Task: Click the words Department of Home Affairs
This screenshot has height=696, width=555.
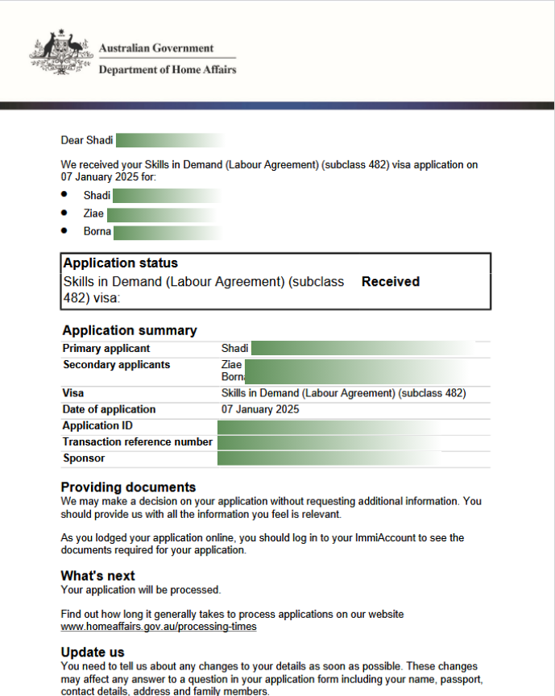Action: point(168,70)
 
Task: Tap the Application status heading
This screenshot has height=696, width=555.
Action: point(121,263)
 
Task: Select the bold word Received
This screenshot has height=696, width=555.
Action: point(391,282)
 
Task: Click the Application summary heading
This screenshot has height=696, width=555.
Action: point(130,330)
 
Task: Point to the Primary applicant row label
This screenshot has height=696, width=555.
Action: point(106,349)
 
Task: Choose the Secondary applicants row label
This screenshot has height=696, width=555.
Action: point(117,365)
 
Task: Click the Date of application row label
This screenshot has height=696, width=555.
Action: point(110,409)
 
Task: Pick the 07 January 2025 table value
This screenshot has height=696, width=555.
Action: point(260,409)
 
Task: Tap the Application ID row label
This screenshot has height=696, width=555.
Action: point(97,425)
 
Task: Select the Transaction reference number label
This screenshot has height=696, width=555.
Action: point(138,441)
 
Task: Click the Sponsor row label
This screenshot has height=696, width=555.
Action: point(84,458)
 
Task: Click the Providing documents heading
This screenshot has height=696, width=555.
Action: point(128,487)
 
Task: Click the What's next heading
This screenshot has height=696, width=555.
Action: point(97,576)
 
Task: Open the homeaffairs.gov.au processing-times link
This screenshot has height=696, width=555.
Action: point(159,626)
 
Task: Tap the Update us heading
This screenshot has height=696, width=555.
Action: point(93,652)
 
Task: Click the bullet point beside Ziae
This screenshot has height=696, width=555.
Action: point(64,213)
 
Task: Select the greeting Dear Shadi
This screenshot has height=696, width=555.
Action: point(87,140)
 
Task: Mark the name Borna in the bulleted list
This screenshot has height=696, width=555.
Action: point(97,232)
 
